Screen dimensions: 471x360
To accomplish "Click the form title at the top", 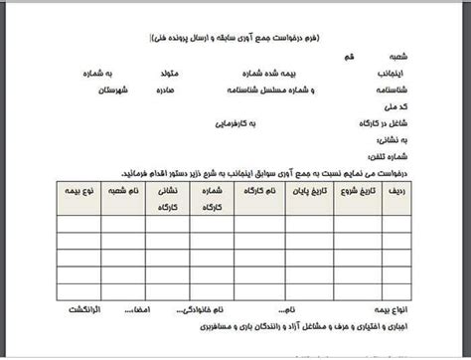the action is point(235,38).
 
